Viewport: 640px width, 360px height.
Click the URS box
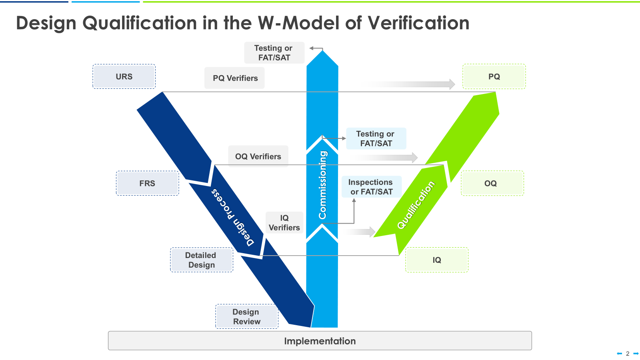124,76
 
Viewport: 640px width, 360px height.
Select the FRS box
147,183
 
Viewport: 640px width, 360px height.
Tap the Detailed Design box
202,260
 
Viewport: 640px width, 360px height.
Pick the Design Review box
246,316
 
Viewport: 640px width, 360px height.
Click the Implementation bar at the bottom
320,341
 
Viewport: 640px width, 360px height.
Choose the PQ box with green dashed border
494,76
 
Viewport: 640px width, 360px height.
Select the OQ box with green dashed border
492,183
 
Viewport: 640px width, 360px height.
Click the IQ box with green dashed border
436,260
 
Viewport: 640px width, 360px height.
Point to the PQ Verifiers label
235,78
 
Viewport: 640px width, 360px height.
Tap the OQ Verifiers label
258,156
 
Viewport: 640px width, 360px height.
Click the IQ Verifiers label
284,223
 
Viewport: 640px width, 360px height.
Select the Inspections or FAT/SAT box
371,187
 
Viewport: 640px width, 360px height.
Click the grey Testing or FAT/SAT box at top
274,53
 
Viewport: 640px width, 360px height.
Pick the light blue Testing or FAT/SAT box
376,138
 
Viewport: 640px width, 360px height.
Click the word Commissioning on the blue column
322,185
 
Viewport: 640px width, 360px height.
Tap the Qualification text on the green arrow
416,205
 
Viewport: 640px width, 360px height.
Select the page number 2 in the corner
628,354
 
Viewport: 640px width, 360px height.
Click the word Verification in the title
418,23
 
